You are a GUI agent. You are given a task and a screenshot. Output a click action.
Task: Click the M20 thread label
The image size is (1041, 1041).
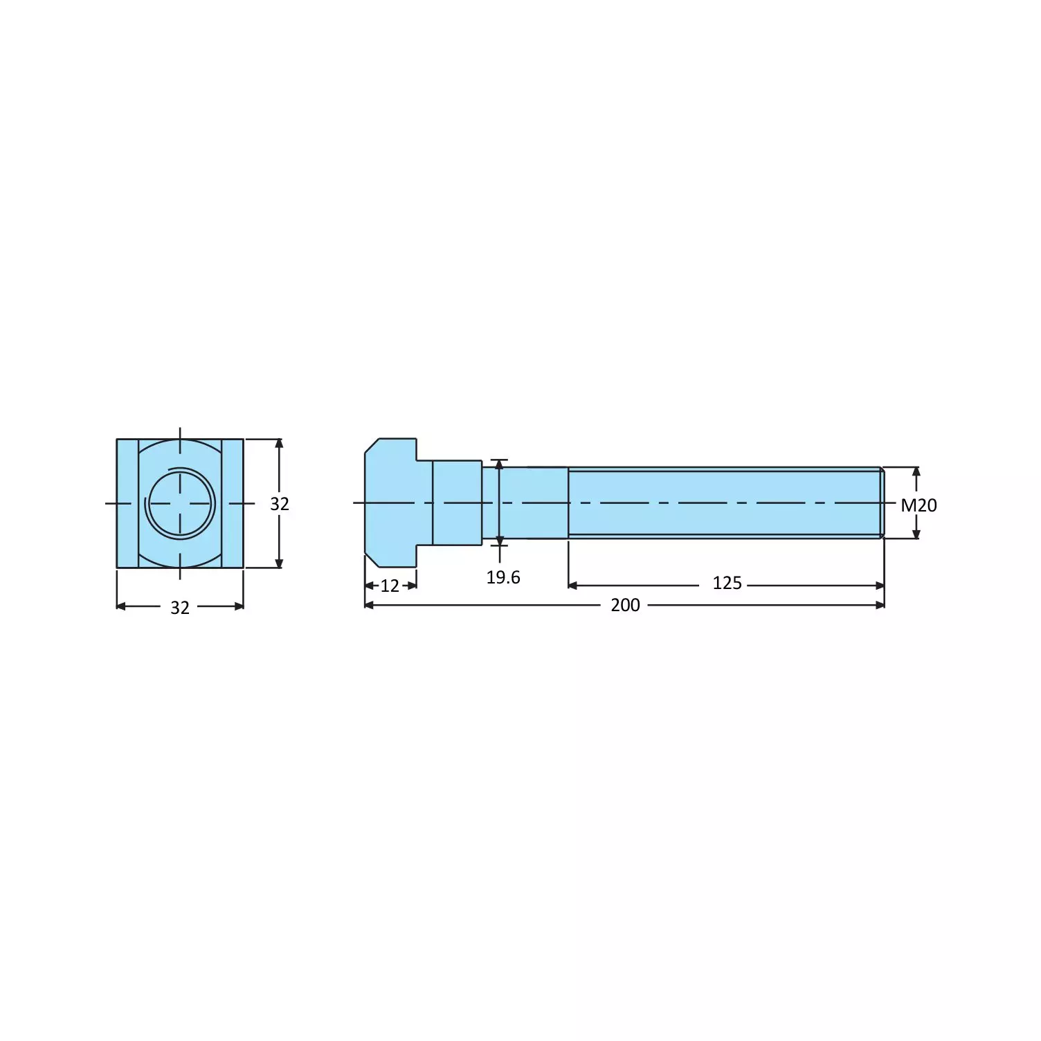(x=918, y=505)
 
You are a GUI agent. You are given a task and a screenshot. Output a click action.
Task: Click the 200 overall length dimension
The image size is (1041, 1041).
(x=624, y=605)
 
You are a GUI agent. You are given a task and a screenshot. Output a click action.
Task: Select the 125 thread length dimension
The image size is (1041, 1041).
(x=726, y=583)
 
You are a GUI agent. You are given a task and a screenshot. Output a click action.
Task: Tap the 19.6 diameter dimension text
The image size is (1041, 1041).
(x=503, y=577)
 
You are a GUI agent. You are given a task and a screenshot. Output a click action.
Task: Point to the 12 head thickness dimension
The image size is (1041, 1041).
(x=390, y=586)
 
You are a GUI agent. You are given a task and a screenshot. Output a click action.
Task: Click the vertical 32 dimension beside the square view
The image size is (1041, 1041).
(x=279, y=504)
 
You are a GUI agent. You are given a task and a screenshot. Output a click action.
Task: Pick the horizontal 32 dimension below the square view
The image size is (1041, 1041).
(x=179, y=608)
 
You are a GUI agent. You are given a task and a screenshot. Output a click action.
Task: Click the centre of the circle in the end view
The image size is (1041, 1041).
(x=180, y=503)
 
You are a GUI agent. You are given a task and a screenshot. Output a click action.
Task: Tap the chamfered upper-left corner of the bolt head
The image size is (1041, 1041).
(x=372, y=445)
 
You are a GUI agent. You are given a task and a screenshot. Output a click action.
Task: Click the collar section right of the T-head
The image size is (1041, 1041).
(x=457, y=503)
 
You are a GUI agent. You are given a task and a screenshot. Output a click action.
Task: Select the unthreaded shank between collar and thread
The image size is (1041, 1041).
(x=533, y=503)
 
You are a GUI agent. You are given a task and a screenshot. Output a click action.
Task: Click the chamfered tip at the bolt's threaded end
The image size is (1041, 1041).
(x=882, y=503)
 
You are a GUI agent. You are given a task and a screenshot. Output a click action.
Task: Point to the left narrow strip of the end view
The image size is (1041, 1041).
(x=127, y=503)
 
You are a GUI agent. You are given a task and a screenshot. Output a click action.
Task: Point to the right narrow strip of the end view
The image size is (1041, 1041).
(x=233, y=503)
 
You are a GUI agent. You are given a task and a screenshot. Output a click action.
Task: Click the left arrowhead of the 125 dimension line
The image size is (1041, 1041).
(x=572, y=586)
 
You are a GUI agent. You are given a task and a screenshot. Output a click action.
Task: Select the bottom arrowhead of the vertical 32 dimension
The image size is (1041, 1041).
(x=279, y=563)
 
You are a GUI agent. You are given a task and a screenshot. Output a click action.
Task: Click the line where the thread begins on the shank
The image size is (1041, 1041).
(x=568, y=503)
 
